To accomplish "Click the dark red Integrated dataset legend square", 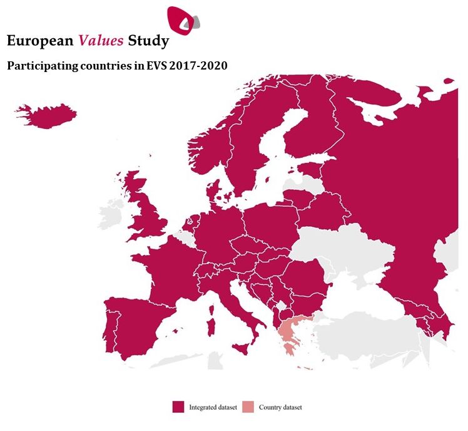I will point(178,407).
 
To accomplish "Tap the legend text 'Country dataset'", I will point(280,407).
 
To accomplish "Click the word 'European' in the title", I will point(40,41).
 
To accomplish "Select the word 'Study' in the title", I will point(148,41).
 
